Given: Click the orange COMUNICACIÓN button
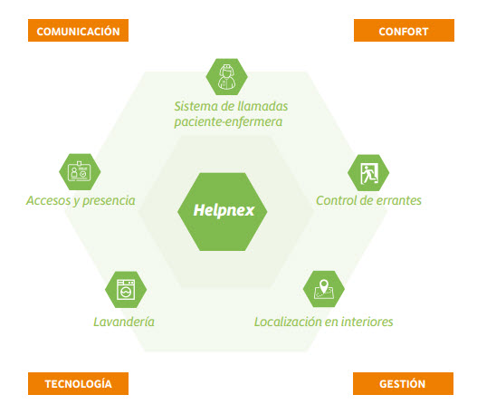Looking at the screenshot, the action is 78,31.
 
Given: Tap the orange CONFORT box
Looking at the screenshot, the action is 404,31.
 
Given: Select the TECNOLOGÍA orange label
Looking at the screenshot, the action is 78,383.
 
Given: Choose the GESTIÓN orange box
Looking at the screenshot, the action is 403,383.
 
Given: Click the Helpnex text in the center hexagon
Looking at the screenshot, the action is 224,210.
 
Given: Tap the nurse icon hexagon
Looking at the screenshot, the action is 226,77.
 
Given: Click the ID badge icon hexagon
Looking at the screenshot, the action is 80,172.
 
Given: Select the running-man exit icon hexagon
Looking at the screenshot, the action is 368,173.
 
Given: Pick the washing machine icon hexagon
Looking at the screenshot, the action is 126,290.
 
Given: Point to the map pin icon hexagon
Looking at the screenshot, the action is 324,289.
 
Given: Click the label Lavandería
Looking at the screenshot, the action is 124,322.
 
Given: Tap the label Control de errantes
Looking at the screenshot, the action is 368,200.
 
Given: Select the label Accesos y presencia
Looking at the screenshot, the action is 81,201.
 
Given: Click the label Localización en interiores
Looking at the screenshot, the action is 324,322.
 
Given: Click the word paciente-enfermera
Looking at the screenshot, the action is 228,122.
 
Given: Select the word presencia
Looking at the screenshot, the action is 109,201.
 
